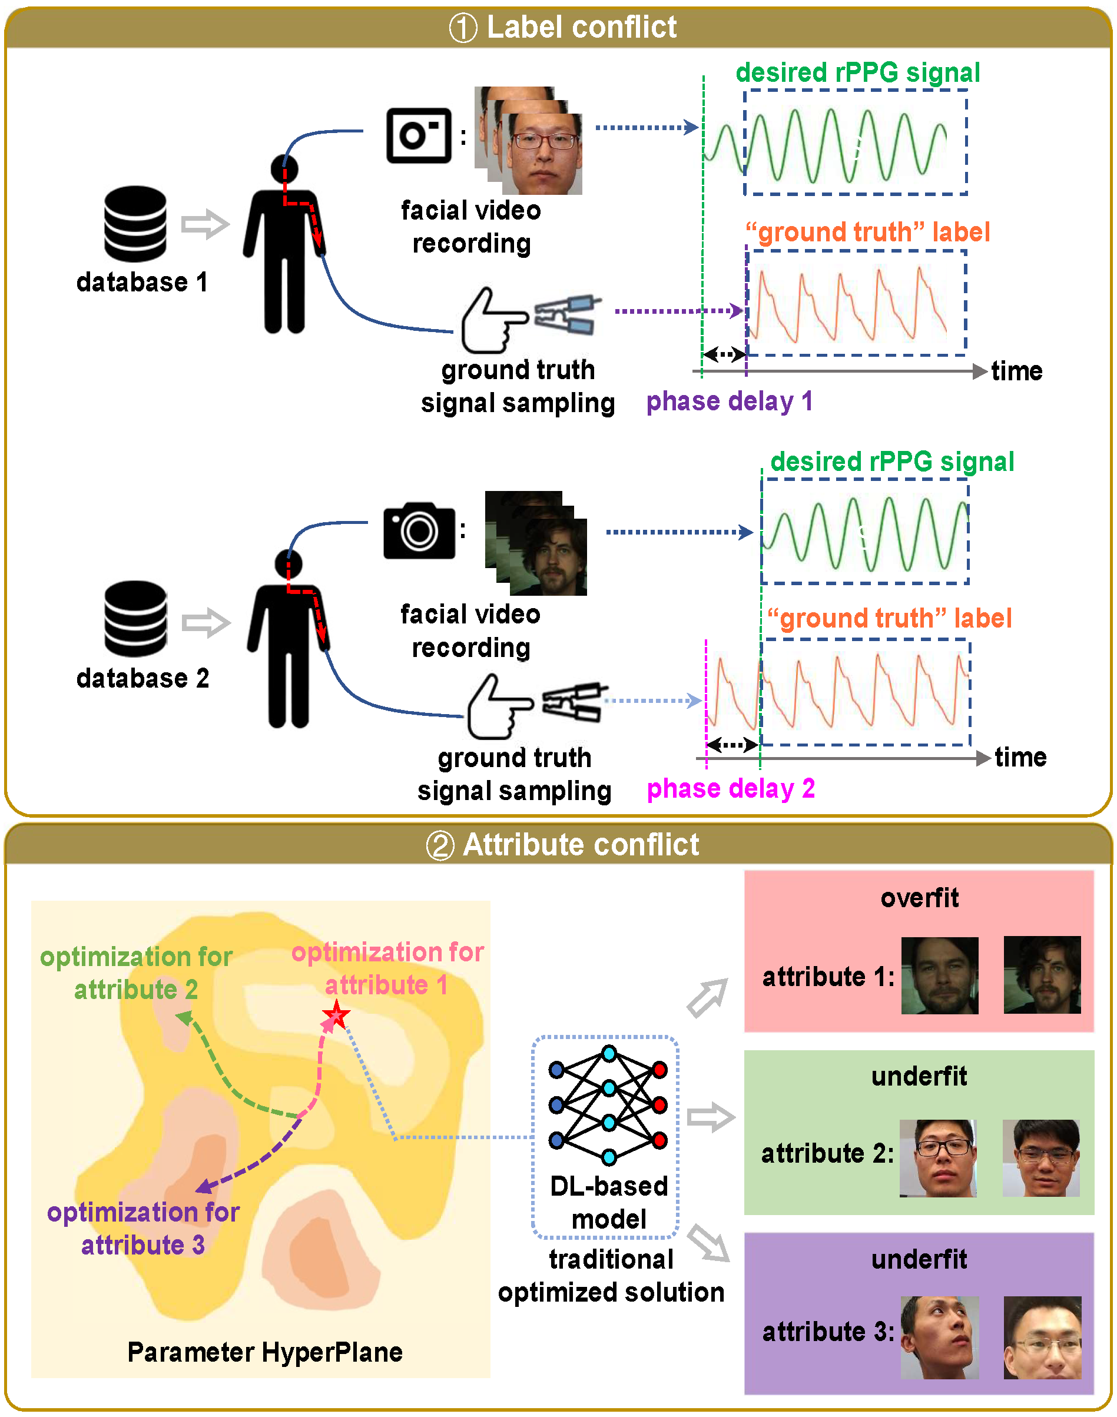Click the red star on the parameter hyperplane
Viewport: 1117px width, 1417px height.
[336, 1016]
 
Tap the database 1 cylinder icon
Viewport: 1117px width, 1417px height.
[135, 224]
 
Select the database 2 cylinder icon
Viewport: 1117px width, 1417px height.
[135, 619]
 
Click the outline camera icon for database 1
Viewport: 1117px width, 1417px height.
[419, 135]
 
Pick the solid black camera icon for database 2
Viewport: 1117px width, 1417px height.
[419, 530]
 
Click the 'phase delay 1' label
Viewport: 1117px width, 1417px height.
[729, 401]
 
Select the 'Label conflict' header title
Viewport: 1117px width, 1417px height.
[581, 28]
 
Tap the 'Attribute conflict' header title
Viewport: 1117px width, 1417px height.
[580, 844]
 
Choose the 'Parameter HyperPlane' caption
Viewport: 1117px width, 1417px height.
[265, 1352]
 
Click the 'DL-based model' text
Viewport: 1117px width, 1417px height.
[609, 1203]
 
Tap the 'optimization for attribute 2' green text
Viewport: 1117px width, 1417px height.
[136, 973]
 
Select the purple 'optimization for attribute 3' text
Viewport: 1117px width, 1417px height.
[143, 1228]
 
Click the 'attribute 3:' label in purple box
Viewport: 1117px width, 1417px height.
[828, 1331]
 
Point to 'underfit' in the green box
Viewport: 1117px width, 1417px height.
[919, 1076]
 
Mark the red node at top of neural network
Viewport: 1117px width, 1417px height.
[660, 1070]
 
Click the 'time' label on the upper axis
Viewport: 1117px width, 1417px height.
[1016, 371]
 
